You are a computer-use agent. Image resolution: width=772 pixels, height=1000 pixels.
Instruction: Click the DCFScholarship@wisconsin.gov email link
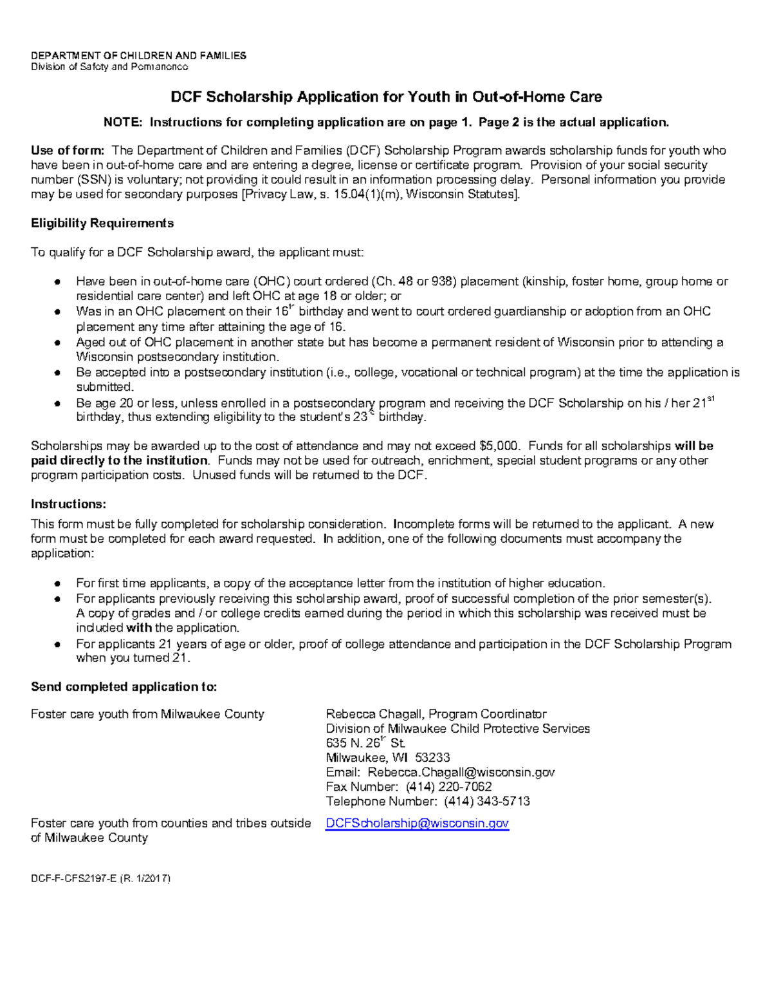point(417,823)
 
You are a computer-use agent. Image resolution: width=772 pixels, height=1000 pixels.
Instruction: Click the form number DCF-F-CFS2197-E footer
point(100,878)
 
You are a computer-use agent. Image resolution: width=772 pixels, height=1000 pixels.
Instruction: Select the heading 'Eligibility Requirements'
point(102,223)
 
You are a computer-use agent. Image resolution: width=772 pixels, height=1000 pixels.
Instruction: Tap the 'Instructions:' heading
point(68,504)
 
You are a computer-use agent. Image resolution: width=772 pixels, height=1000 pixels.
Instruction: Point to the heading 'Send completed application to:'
point(124,687)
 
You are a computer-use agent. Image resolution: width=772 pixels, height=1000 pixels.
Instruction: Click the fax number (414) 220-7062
point(448,787)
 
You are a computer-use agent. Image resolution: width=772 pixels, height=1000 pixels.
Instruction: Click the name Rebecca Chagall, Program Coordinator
point(436,714)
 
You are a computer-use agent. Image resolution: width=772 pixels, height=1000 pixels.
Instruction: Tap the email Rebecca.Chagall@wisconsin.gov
point(461,772)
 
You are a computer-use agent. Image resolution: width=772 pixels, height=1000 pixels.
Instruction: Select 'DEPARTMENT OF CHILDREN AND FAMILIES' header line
point(138,56)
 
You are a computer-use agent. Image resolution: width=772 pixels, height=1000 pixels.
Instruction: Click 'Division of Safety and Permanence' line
point(109,67)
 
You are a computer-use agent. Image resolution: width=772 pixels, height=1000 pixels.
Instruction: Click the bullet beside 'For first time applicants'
point(58,584)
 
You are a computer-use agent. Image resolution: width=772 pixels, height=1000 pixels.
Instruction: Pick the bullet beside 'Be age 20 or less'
point(58,404)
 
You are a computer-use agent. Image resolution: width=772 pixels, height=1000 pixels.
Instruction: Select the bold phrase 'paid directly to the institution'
point(120,461)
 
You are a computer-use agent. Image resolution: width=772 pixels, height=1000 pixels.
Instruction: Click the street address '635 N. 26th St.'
point(365,743)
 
